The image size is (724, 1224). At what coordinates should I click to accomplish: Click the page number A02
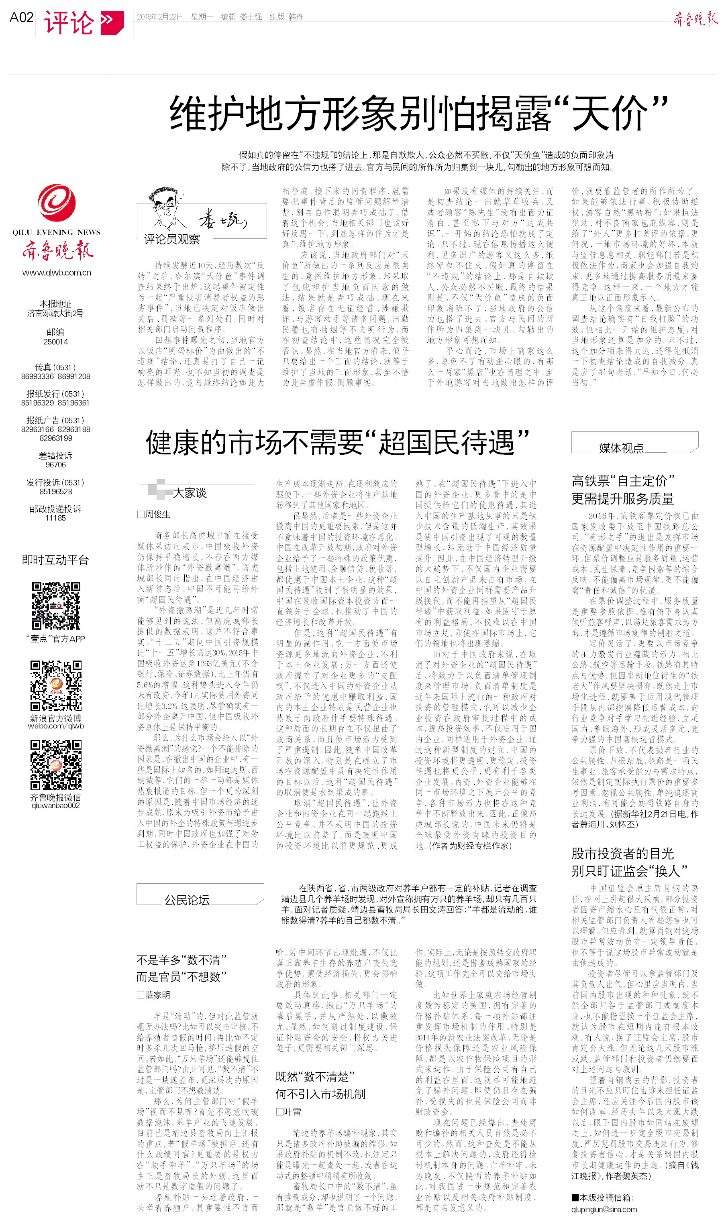pyautogui.click(x=21, y=18)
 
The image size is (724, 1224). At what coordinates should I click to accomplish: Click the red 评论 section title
pyautogui.click(x=69, y=22)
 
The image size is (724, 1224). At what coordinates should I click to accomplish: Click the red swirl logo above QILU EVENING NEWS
pyautogui.click(x=56, y=203)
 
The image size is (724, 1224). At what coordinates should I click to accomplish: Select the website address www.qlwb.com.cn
pyautogui.click(x=57, y=272)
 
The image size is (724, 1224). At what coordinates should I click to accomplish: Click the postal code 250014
pyautogui.click(x=56, y=342)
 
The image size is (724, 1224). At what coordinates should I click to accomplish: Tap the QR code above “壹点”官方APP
pyautogui.click(x=56, y=606)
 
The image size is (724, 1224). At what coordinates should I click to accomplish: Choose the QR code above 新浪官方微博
pyautogui.click(x=56, y=685)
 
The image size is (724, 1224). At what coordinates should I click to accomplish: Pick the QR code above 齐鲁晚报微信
pyautogui.click(x=56, y=765)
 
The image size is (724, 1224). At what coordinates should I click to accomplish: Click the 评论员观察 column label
pyautogui.click(x=172, y=239)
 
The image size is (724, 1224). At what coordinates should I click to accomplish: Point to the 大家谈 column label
pyautogui.click(x=190, y=493)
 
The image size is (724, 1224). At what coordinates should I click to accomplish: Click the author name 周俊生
pyautogui.click(x=157, y=514)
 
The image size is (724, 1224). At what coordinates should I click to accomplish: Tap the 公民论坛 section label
pyautogui.click(x=187, y=900)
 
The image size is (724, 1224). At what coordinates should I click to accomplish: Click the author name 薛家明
pyautogui.click(x=157, y=995)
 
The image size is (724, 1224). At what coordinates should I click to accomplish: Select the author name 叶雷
pyautogui.click(x=292, y=1112)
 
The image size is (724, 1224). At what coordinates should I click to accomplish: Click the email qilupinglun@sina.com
pyautogui.click(x=604, y=1210)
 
